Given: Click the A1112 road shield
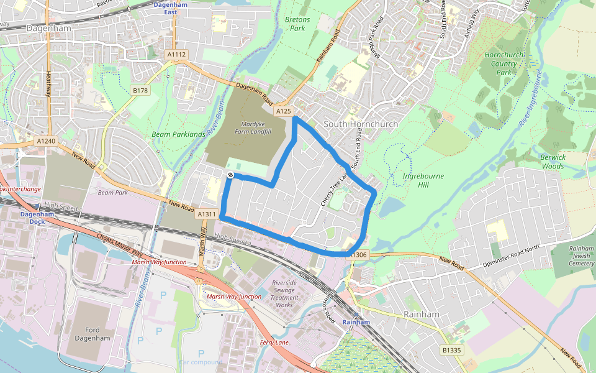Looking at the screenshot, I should pyautogui.click(x=176, y=55).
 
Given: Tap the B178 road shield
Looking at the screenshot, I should pyautogui.click(x=140, y=90).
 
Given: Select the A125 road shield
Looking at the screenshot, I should pyautogui.click(x=284, y=111).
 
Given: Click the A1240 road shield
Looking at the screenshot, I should pyautogui.click(x=45, y=141).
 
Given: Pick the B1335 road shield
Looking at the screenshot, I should pyautogui.click(x=452, y=351).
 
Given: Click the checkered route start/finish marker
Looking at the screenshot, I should pyautogui.click(x=230, y=176).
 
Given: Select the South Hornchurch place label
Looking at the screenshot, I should pyautogui.click(x=361, y=124).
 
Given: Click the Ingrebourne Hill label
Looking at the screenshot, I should pyautogui.click(x=424, y=180).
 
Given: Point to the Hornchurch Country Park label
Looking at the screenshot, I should pyautogui.click(x=503, y=63).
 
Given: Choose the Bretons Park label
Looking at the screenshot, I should pyautogui.click(x=297, y=24).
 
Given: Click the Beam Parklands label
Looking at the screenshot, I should pyautogui.click(x=178, y=134).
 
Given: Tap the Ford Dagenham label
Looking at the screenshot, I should pyautogui.click(x=92, y=334).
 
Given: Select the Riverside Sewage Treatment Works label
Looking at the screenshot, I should pyautogui.click(x=284, y=294).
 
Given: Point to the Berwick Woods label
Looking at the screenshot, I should pyautogui.click(x=553, y=162).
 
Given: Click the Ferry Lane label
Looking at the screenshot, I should pyautogui.click(x=274, y=343).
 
